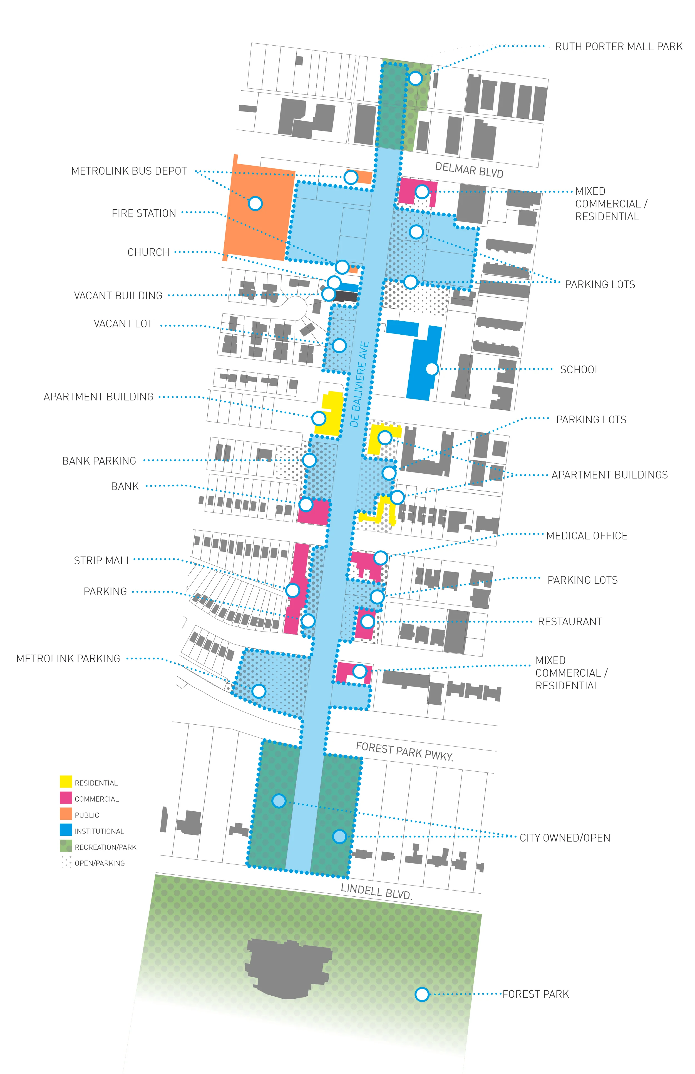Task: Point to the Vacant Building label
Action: (x=118, y=295)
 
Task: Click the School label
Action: (x=580, y=370)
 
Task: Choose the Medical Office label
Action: (x=587, y=536)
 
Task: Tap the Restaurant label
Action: (x=570, y=621)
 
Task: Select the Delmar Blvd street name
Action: (x=469, y=170)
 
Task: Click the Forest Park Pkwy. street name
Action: (x=404, y=751)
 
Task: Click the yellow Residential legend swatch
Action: (x=66, y=782)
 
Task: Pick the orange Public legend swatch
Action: (x=66, y=814)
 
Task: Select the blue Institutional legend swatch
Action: (x=66, y=830)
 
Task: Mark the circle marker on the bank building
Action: (x=306, y=504)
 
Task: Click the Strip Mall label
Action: (x=103, y=560)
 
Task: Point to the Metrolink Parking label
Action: (x=68, y=659)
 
